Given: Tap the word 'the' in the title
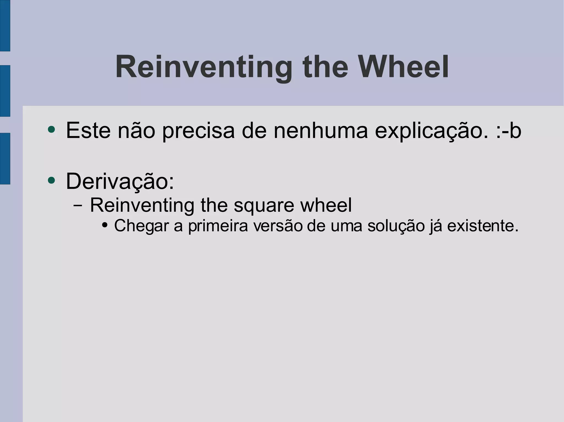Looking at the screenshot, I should (x=325, y=67).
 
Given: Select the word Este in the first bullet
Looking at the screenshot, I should (x=88, y=130).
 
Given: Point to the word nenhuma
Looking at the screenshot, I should (x=321, y=130).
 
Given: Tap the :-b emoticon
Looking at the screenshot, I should (x=508, y=130).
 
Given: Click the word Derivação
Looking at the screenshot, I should (x=120, y=181).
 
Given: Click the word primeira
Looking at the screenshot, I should (x=218, y=226).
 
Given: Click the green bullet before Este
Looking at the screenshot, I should (x=51, y=129).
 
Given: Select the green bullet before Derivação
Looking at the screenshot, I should (x=51, y=180).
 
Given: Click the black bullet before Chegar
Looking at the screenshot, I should (x=105, y=225).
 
